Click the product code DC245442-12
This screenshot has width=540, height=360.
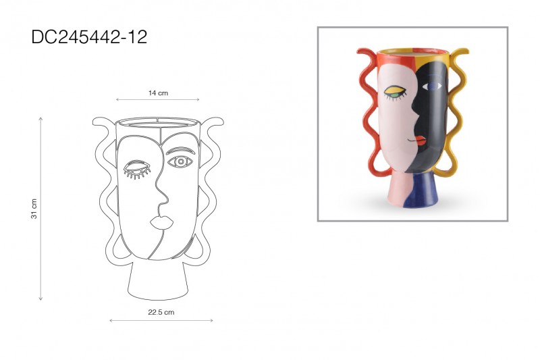89,37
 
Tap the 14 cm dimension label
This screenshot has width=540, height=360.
158,93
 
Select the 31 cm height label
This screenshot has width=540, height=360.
34,209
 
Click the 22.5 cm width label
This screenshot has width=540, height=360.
161,313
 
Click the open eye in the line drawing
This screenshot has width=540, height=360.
180,161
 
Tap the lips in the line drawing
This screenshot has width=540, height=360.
161,222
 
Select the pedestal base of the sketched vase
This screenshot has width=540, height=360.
158,280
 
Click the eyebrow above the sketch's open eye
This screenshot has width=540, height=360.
180,150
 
